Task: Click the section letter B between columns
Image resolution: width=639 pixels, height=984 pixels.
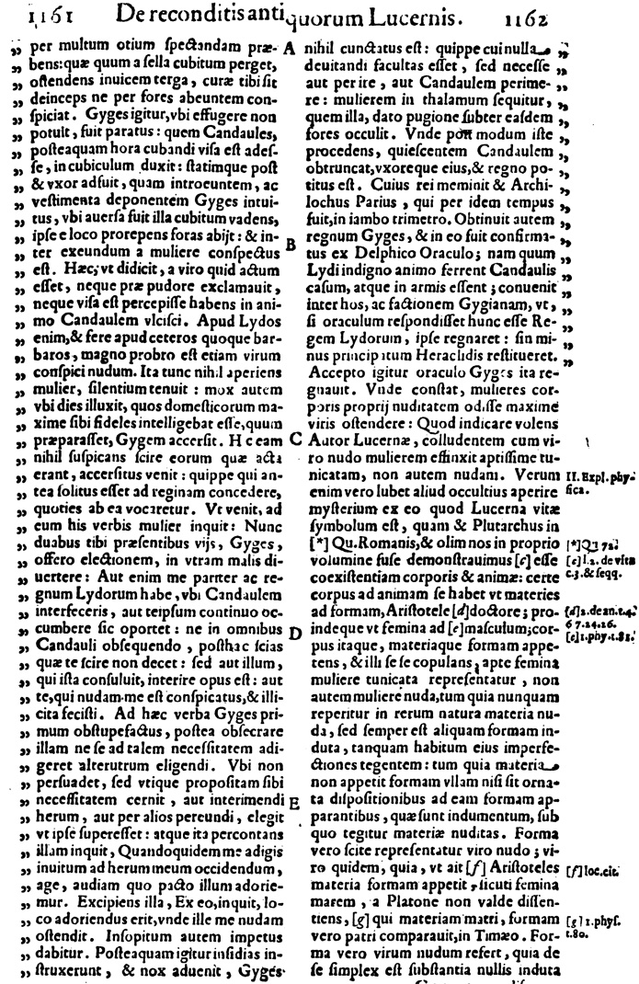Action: [290, 245]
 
